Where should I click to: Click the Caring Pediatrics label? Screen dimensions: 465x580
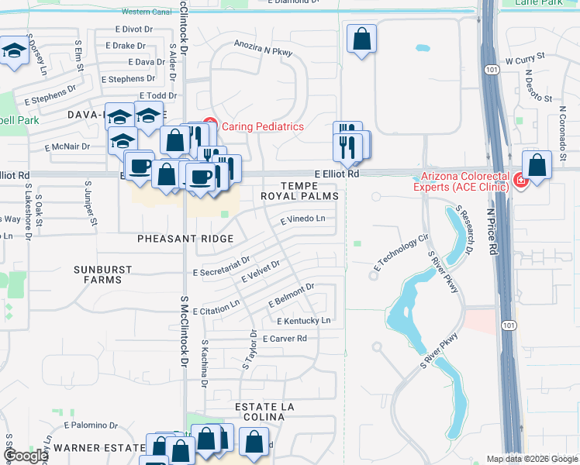pyautogui.click(x=263, y=126)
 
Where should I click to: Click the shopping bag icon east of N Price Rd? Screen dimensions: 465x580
pyautogui.click(x=537, y=165)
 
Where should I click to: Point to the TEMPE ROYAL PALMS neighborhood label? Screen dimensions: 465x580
pyautogui.click(x=310, y=191)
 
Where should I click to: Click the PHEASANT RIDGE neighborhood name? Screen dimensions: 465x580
pyautogui.click(x=185, y=239)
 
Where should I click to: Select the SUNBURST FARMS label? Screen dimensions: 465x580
pyautogui.click(x=102, y=274)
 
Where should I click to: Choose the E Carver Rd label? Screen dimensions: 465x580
pyautogui.click(x=285, y=339)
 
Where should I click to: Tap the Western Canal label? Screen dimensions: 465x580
pyautogui.click(x=147, y=12)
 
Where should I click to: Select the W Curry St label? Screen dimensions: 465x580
pyautogui.click(x=526, y=59)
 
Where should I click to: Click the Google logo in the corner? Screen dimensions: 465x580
pyautogui.click(x=26, y=456)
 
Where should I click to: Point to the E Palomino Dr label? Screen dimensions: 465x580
pyautogui.click(x=91, y=425)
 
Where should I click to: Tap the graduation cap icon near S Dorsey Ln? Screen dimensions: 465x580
pyautogui.click(x=13, y=53)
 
